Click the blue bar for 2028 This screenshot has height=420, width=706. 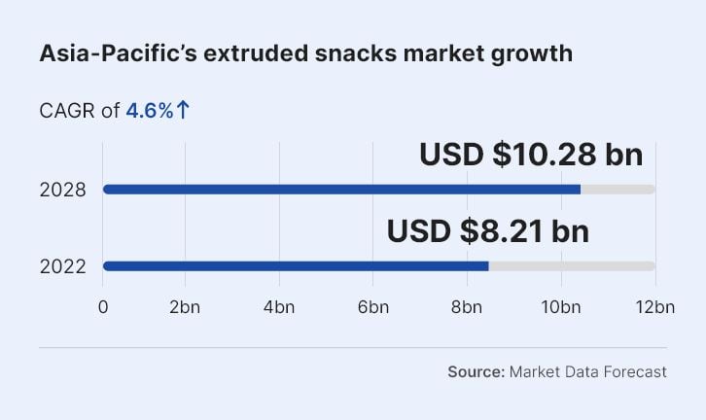point(340,189)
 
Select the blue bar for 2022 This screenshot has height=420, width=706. point(296,265)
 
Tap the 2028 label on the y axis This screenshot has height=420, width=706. point(63,190)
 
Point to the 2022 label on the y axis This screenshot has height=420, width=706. point(63,266)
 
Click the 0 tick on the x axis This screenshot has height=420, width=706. point(103,307)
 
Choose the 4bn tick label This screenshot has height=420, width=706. point(279,307)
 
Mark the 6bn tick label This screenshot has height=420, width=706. point(372,307)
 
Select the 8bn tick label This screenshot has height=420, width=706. point(466,307)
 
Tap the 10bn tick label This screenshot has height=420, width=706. point(560,307)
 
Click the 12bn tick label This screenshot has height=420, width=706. point(654,307)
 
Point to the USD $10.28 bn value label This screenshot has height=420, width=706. point(531,155)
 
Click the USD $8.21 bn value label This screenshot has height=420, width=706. point(488,231)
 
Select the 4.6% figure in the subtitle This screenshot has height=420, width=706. point(149,111)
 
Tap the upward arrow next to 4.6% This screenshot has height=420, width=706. point(183,111)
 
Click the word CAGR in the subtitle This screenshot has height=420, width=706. point(67,111)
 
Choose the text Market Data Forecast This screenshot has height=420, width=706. point(587,371)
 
